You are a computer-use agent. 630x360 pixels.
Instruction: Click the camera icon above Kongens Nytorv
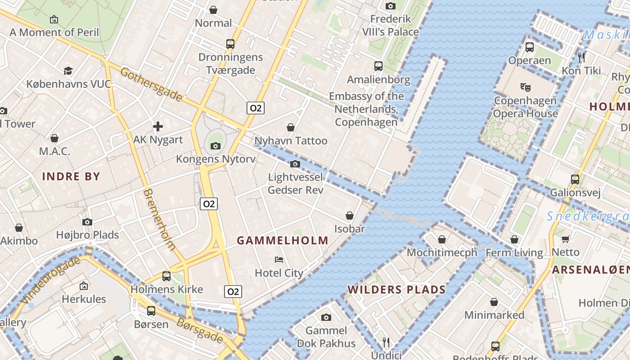point(216,146)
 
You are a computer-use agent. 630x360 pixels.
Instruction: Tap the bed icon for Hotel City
point(279,260)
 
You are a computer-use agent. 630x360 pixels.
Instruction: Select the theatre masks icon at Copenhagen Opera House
point(525,86)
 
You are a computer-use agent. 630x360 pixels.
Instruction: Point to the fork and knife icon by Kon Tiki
point(581,57)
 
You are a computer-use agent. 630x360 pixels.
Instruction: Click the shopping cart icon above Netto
point(566,239)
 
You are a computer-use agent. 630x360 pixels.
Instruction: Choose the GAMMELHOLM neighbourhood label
point(283,240)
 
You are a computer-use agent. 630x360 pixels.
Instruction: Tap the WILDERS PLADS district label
point(396,289)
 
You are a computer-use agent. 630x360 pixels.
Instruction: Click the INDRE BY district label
point(71,176)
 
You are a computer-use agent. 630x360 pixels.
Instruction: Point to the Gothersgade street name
point(152,85)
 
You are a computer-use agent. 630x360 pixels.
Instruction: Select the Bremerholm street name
point(159,219)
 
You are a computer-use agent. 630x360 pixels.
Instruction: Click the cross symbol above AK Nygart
point(158,126)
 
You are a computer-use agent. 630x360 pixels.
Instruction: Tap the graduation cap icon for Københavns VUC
point(68,71)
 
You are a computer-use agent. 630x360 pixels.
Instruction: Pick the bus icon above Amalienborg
point(378,66)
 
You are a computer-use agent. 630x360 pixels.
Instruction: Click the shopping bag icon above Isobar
point(350,216)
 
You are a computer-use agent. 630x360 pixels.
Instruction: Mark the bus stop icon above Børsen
point(151,310)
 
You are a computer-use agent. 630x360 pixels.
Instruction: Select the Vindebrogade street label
point(49,280)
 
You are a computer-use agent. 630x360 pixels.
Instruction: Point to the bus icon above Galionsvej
point(575,179)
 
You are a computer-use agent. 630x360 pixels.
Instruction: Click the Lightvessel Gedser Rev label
point(296,184)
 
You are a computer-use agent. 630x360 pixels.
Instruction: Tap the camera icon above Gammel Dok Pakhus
point(326,317)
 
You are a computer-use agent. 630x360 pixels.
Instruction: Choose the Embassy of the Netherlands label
point(366,109)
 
